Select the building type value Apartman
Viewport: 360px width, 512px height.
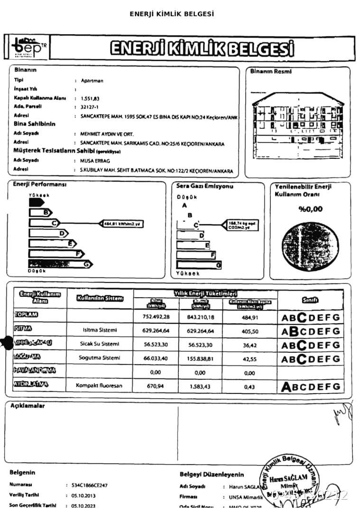click(x=92, y=81)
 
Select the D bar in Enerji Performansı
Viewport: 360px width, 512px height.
click(x=49, y=233)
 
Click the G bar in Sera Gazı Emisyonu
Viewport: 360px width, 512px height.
click(x=199, y=265)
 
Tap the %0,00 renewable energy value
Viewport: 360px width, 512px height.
click(x=311, y=209)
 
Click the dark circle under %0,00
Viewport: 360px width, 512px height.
click(x=311, y=243)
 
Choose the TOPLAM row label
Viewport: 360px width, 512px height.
click(x=26, y=315)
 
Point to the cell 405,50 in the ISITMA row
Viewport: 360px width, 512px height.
click(x=249, y=331)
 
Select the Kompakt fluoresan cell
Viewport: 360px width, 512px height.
click(x=99, y=385)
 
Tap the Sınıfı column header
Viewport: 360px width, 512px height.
click(x=310, y=300)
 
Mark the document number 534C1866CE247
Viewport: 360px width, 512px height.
click(x=90, y=485)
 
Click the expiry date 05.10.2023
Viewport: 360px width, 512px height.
click(x=83, y=506)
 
